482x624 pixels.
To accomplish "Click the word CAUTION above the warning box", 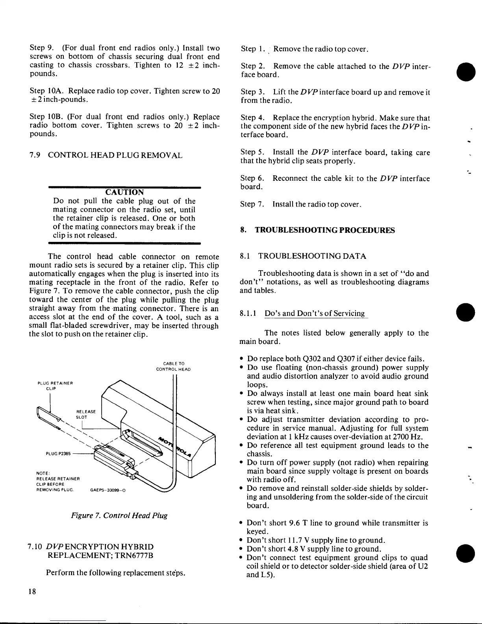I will (125, 192).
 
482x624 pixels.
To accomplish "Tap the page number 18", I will (32, 591).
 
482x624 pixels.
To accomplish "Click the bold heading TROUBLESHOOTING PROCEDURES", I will (324, 230).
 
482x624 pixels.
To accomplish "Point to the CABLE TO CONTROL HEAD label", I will (173, 366).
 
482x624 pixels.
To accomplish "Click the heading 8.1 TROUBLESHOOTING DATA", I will (303, 256).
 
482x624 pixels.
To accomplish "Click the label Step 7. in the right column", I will (251, 204).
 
